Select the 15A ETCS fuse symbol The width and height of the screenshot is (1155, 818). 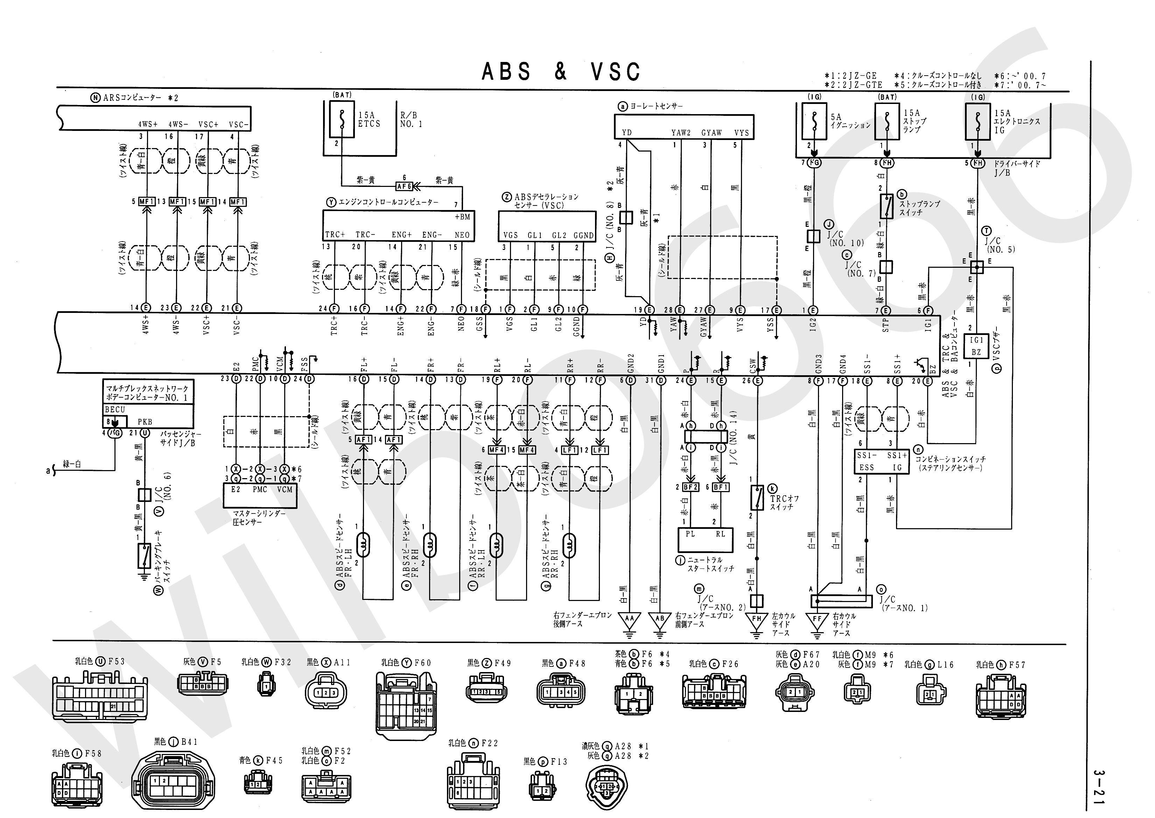click(x=342, y=119)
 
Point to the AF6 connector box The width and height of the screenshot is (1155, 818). click(x=404, y=186)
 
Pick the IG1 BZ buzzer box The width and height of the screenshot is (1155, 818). click(x=976, y=346)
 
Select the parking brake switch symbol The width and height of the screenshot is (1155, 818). click(x=144, y=555)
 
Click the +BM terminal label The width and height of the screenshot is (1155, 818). click(x=462, y=217)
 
